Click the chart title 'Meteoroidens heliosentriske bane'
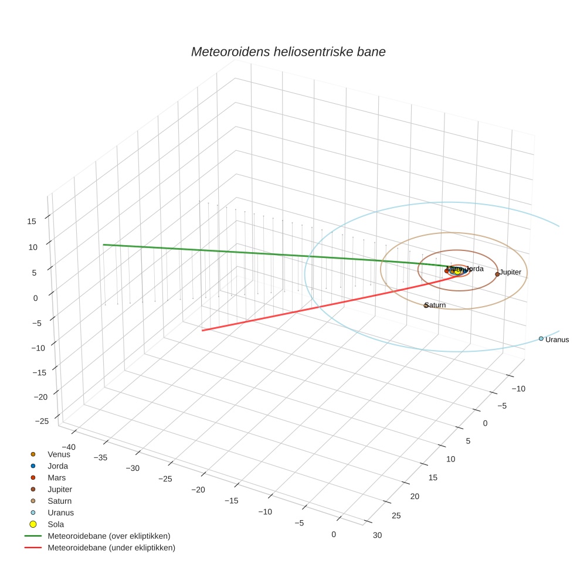point(288,52)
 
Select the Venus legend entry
point(59,454)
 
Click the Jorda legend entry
point(57,466)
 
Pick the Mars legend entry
point(56,477)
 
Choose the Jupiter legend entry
point(60,489)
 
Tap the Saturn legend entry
point(59,501)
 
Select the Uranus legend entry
point(60,512)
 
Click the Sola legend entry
point(56,524)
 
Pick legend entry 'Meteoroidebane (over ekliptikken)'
point(108,536)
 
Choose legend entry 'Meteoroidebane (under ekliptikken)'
point(111,548)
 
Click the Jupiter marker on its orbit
point(497,274)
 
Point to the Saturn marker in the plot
point(426,306)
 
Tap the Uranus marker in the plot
point(541,338)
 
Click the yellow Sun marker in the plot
point(457,270)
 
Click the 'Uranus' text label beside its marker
point(557,340)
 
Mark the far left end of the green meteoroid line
point(104,245)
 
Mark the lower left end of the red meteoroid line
point(203,331)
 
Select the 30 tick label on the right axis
point(378,535)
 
